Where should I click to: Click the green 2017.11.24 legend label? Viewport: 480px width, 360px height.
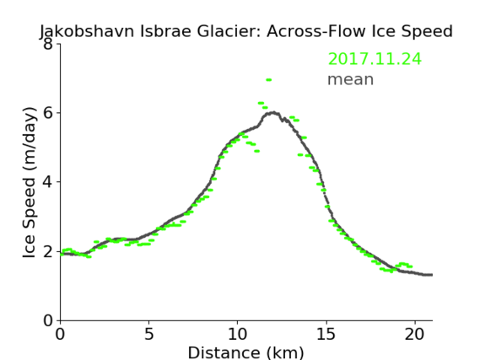[x=375, y=59]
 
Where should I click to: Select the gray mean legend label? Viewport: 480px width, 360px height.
[x=351, y=79]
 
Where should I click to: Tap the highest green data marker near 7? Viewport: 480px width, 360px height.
[x=268, y=80]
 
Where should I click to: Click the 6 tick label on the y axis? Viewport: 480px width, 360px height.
[x=48, y=113]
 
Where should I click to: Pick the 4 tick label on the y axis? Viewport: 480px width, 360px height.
[x=48, y=182]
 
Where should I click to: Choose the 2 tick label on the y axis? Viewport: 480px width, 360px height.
[x=48, y=251]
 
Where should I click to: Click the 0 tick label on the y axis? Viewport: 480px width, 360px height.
[x=48, y=320]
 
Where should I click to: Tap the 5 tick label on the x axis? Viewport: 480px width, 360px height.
[x=148, y=334]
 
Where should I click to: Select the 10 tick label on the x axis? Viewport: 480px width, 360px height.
[x=238, y=334]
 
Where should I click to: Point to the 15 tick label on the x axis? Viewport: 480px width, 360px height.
[x=326, y=334]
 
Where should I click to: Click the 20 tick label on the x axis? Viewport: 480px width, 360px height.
[x=415, y=334]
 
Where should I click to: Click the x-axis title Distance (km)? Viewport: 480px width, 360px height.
[x=245, y=353]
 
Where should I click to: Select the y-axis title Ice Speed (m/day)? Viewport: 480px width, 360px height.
[x=30, y=182]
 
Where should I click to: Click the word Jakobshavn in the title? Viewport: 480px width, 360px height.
[x=87, y=31]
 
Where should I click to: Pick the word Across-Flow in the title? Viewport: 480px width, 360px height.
[x=316, y=31]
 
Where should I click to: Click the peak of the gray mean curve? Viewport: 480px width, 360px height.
[x=273, y=113]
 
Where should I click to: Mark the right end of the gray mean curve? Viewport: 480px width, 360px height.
[x=432, y=275]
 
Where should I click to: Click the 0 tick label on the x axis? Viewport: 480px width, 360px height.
[x=60, y=334]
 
